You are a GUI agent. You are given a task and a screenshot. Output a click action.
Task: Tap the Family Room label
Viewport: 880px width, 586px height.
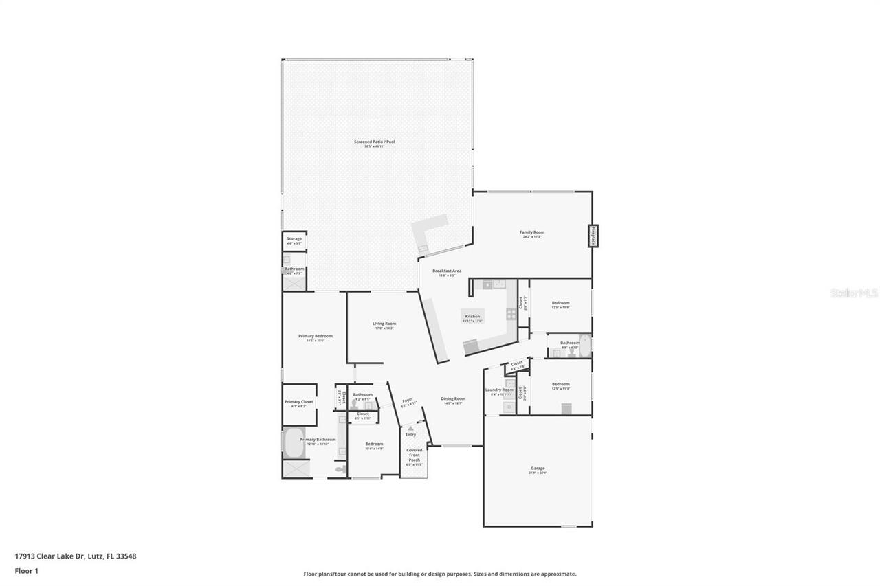(531, 233)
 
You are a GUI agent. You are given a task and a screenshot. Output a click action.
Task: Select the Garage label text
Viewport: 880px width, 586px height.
(537, 469)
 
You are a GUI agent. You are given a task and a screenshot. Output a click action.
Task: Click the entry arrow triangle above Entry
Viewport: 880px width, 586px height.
(410, 428)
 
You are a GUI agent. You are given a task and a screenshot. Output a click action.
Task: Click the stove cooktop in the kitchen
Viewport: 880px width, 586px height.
(511, 314)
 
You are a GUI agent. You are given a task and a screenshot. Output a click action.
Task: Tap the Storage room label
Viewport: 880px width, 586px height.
(294, 239)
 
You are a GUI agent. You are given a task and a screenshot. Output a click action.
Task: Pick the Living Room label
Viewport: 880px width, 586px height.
(384, 324)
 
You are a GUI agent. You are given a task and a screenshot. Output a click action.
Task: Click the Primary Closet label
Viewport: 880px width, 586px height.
(298, 402)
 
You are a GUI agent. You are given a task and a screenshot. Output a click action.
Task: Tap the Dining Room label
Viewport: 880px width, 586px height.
(453, 399)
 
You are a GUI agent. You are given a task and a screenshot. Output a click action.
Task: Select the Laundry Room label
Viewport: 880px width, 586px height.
(499, 390)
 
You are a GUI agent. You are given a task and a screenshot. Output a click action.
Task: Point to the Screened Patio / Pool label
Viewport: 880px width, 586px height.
(374, 142)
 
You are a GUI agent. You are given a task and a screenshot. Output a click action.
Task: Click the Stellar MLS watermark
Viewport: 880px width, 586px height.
(854, 293)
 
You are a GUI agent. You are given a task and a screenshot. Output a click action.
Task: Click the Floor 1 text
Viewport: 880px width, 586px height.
(25, 570)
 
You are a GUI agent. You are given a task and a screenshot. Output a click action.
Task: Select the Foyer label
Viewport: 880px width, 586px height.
(408, 399)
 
